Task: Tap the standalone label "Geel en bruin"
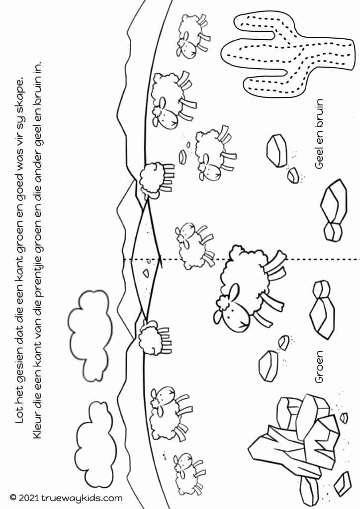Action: (x=319, y=134)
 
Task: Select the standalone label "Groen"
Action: (x=319, y=366)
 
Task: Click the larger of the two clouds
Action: (x=89, y=335)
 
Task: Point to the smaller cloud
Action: (x=95, y=437)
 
